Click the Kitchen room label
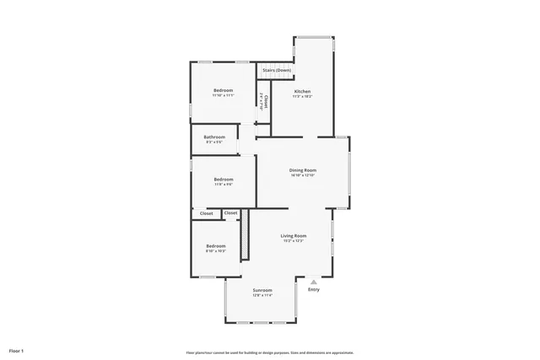point(302,91)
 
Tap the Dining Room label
point(303,169)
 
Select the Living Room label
point(293,235)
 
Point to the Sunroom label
point(262,290)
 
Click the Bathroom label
point(214,137)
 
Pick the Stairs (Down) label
point(277,70)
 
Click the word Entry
point(314,289)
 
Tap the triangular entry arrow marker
point(314,282)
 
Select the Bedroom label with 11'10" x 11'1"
point(223,90)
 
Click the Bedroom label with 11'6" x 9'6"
point(223,179)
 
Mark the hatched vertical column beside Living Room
point(246,235)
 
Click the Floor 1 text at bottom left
point(17,350)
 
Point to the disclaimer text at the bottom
point(269,352)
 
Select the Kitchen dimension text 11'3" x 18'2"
point(302,96)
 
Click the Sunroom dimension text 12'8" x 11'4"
point(262,295)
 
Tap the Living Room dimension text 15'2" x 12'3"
point(293,241)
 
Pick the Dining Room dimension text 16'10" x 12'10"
point(303,175)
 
